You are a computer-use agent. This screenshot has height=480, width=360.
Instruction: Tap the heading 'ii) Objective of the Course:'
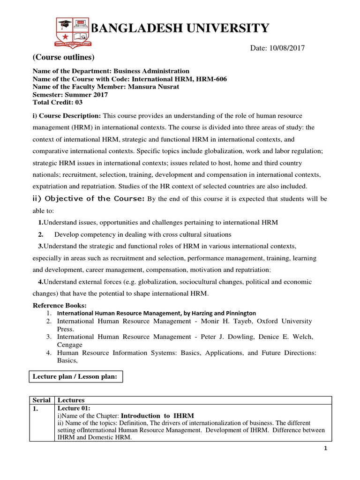89,198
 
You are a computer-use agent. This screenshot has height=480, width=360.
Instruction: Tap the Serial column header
42,400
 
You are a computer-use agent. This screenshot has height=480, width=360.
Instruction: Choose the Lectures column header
70,400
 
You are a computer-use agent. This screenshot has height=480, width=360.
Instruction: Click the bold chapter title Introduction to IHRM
157,416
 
